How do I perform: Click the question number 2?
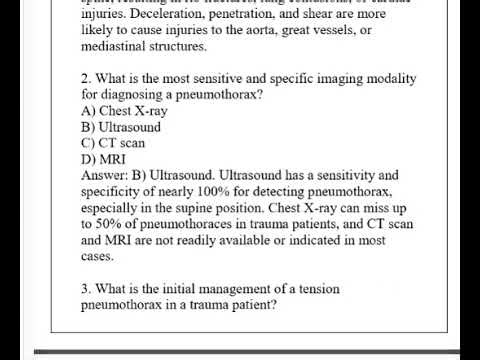(x=86, y=79)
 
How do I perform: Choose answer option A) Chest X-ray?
(x=124, y=111)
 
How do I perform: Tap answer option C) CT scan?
(x=114, y=142)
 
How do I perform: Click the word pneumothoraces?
(x=188, y=223)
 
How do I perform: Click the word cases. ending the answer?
(x=98, y=255)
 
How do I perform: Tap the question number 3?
(x=86, y=288)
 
